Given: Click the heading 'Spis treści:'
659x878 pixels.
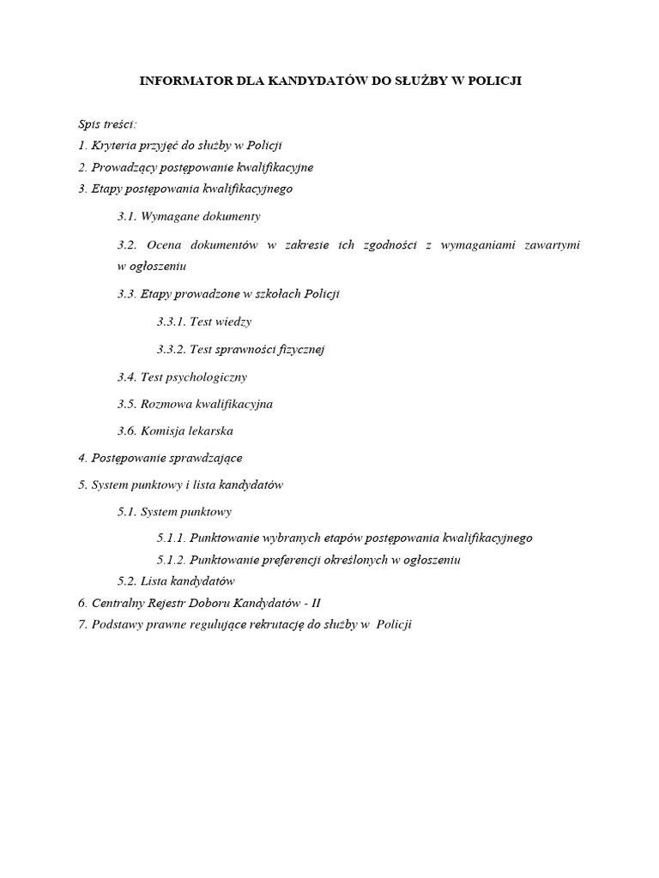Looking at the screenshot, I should [x=100, y=125].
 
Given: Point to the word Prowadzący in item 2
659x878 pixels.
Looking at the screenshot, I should [x=123, y=166].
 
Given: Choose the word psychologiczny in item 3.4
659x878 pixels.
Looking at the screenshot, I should [x=207, y=376].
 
